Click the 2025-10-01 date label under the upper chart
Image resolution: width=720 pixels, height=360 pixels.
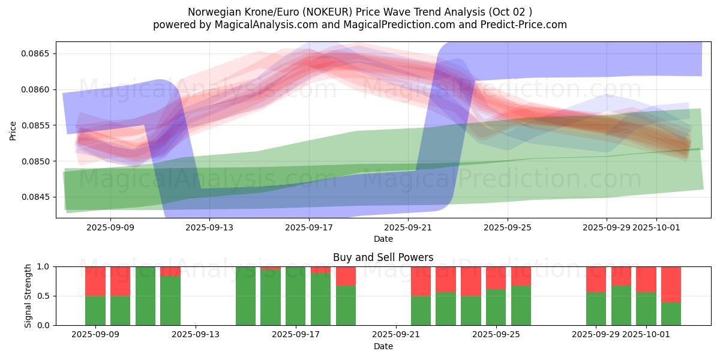[656, 227]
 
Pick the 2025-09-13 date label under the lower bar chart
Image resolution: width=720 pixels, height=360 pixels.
[196, 335]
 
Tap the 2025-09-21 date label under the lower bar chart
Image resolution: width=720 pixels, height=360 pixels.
[396, 335]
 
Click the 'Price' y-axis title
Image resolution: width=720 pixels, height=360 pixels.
[13, 130]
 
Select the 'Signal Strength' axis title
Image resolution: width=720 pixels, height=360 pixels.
[28, 296]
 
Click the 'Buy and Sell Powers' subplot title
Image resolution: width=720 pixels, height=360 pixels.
[383, 257]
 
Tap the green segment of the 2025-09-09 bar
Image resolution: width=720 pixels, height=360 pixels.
[95, 310]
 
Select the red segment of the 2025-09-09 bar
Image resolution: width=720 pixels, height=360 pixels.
[95, 281]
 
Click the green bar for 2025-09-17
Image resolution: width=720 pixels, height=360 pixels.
[296, 296]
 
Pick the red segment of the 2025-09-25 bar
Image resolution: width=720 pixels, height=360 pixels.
[496, 278]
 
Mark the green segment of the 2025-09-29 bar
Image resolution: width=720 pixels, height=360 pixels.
[596, 308]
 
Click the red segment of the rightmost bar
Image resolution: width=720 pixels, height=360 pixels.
[671, 284]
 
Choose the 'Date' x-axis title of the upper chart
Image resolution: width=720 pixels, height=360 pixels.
[383, 239]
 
